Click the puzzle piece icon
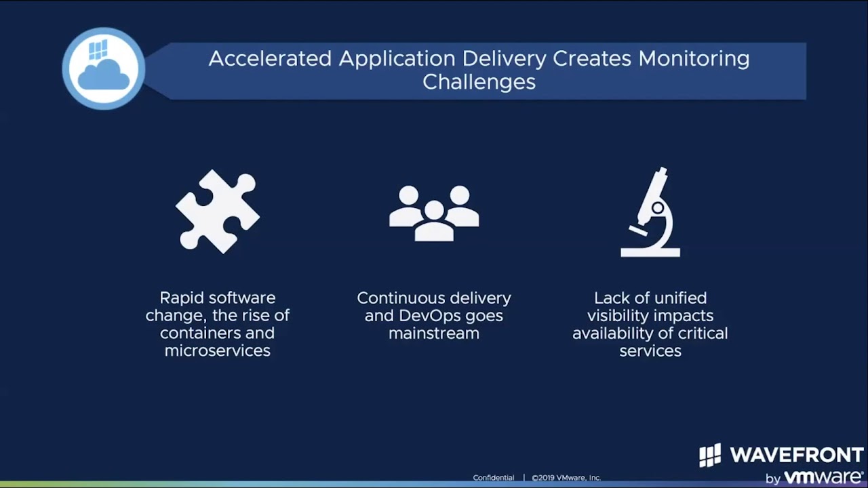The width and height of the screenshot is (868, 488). [218, 211]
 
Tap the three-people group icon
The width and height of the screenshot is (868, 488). [434, 213]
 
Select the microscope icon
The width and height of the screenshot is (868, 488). [650, 212]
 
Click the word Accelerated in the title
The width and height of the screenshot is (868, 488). [270, 59]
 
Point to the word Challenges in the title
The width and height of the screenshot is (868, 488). [479, 82]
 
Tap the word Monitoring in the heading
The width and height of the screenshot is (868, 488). [694, 60]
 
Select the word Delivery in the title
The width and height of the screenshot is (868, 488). [504, 60]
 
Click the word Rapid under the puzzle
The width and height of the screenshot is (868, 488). [181, 298]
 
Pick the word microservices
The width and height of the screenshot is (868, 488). [218, 351]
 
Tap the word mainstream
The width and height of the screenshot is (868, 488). [434, 333]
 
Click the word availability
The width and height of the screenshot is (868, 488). [613, 333]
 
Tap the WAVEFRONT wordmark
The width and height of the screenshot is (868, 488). [797, 455]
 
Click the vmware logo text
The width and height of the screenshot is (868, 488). [823, 477]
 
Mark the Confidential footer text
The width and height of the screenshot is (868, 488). [493, 478]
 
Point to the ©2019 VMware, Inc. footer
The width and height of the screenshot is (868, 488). [566, 478]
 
